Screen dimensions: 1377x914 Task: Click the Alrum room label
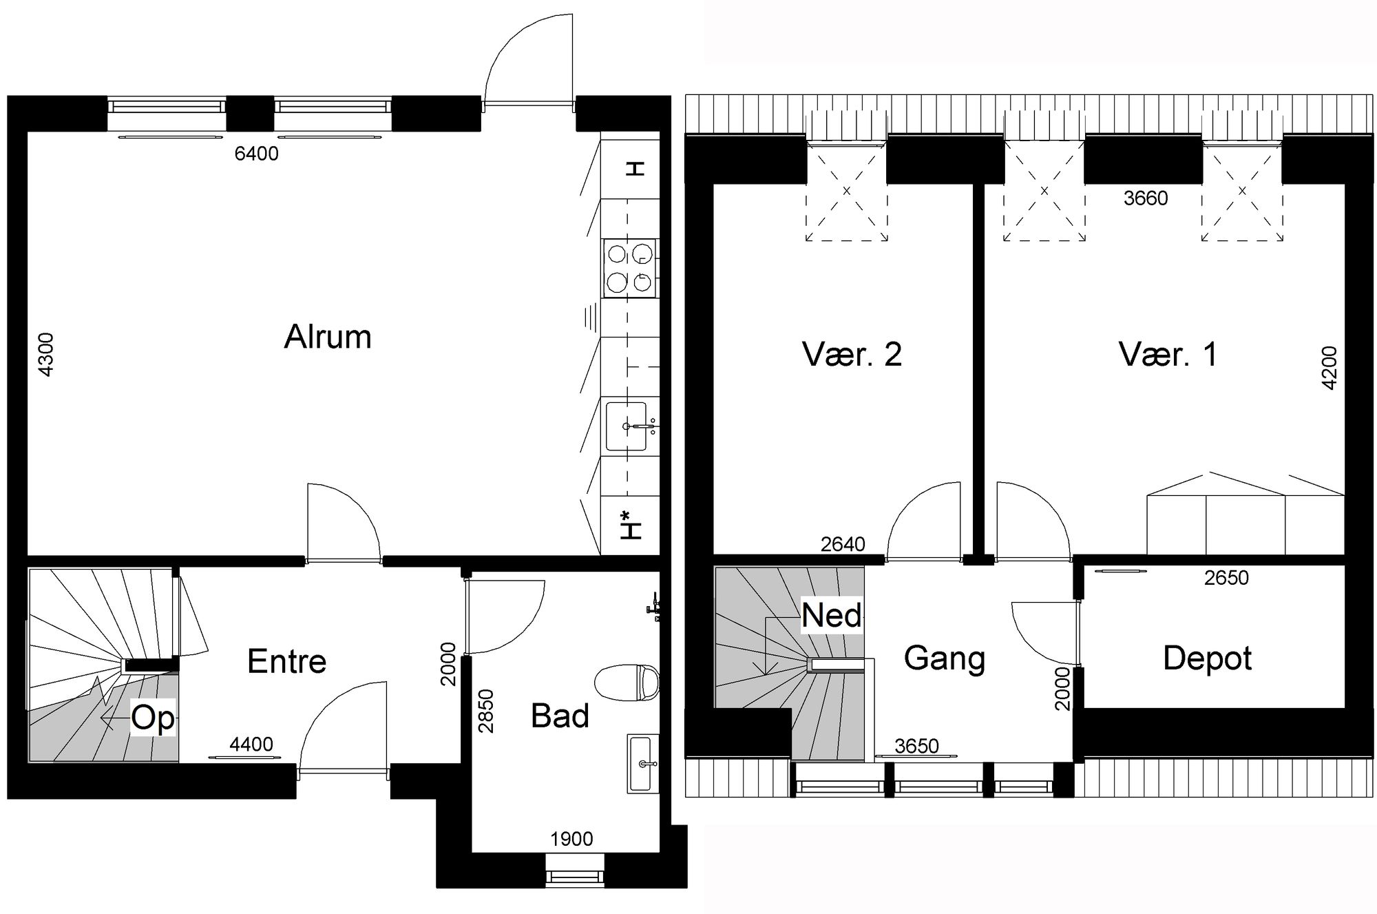point(328,337)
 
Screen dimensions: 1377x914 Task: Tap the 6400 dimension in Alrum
point(256,154)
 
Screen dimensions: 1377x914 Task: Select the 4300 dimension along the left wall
point(45,355)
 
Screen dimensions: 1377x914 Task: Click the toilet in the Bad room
point(626,683)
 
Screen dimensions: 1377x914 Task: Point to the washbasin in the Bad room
point(642,763)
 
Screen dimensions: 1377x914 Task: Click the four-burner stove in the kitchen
point(630,268)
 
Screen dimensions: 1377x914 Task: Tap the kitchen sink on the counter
point(626,426)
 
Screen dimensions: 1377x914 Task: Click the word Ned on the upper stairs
point(832,614)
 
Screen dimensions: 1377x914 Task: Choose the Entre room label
point(286,662)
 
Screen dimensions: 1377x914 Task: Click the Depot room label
point(1207,659)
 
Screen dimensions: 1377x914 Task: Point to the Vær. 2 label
point(852,354)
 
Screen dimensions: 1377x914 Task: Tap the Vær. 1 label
point(1168,354)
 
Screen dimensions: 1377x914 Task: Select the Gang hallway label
point(944,659)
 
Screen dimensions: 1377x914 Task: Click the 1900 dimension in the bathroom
point(571,839)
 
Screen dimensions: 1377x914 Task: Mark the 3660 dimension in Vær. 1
point(1146,198)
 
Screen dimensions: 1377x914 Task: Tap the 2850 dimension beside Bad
point(486,711)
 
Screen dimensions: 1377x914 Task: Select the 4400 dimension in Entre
point(251,745)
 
